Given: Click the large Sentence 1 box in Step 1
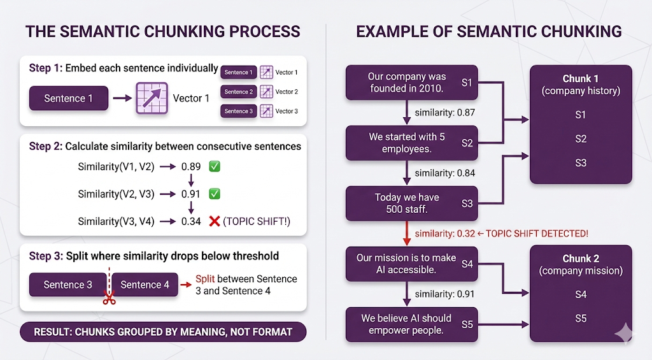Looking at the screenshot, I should pyautogui.click(x=69, y=99).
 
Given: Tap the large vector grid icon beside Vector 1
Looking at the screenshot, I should pyautogui.click(x=152, y=99).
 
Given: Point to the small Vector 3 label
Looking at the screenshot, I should pyautogui.click(x=287, y=112).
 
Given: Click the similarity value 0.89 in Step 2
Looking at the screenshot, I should pyautogui.click(x=191, y=167).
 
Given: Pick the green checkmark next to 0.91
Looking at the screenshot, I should pyautogui.click(x=215, y=194).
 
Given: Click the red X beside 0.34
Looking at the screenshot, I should pyautogui.click(x=215, y=221).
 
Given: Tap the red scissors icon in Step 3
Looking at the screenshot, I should pyautogui.click(x=110, y=298).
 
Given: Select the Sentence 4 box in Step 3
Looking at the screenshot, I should pyautogui.click(x=145, y=285).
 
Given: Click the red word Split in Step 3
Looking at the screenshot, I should pyautogui.click(x=205, y=279).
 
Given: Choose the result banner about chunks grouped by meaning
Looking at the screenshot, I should pyautogui.click(x=163, y=331).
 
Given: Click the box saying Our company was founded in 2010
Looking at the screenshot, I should pyautogui.click(x=411, y=82).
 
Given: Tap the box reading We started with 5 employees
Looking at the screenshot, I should pyautogui.click(x=411, y=143).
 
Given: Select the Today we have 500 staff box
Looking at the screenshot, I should pyautogui.click(x=411, y=203).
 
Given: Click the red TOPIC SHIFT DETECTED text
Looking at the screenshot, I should pyautogui.click(x=537, y=234).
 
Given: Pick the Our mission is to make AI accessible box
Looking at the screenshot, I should pyautogui.click(x=411, y=264).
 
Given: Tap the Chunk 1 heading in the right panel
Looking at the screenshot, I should pyautogui.click(x=581, y=79).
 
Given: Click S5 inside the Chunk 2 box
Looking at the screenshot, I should pyautogui.click(x=581, y=319).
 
